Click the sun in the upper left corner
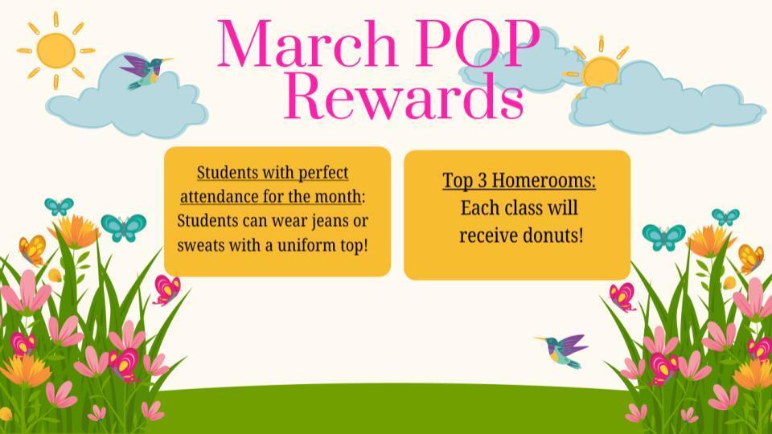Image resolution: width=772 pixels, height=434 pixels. coord(55,49)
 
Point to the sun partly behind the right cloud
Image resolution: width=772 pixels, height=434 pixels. coord(600,72)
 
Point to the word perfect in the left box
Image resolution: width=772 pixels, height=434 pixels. coord(323,173)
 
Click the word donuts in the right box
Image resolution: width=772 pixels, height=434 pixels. coord(552,235)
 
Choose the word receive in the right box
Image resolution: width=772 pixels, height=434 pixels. coord(488,235)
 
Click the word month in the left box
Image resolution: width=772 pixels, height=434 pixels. coord(339,197)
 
